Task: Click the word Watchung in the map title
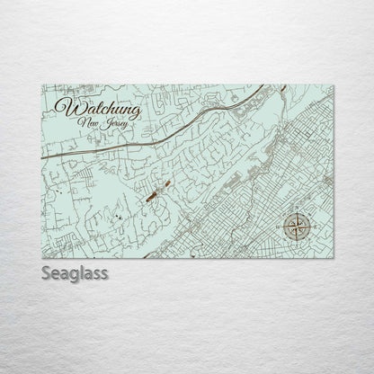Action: point(90,107)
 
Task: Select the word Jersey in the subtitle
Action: point(111,122)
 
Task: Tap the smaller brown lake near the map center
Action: point(166,183)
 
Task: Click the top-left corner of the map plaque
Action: point(42,85)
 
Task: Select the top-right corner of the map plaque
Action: point(333,85)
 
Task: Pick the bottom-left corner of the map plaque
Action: point(42,256)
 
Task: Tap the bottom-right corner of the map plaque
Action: point(333,256)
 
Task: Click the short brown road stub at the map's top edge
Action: point(284,88)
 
